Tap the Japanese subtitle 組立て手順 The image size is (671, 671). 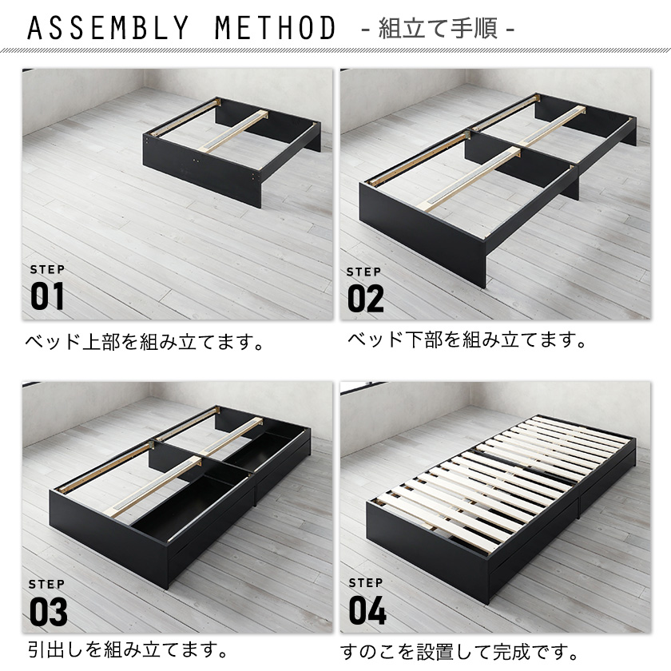coord(438,29)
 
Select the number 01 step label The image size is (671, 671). coord(47,296)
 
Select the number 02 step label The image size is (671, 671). coord(366,298)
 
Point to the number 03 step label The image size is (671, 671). coord(49,612)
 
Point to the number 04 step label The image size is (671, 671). coord(367,610)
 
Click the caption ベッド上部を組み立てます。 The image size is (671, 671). coord(145,342)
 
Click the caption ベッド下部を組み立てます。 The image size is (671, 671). coord(467,339)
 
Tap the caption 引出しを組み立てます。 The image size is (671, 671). coord(128,649)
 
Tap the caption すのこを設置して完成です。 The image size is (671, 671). coord(459,652)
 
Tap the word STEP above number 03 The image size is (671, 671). coord(47,584)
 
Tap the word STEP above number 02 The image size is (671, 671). coord(363,272)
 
